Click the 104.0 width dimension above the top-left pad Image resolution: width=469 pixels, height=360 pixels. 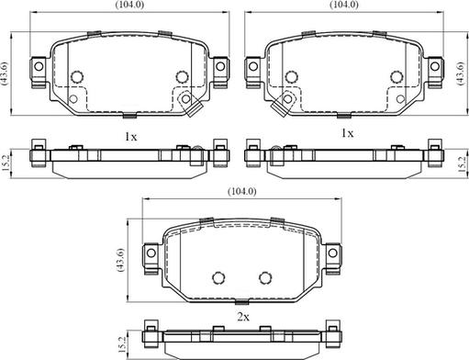tap(129, 5)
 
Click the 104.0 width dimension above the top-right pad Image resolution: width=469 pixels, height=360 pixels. tap(344, 5)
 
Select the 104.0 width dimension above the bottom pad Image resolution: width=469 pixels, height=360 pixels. tap(242, 191)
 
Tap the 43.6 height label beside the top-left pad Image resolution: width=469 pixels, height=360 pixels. tap(6, 73)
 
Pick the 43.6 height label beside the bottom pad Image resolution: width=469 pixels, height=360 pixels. tap(120, 260)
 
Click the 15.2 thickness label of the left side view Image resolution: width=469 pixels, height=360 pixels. tap(6, 163)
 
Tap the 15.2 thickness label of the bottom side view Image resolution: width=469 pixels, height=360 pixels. tap(121, 344)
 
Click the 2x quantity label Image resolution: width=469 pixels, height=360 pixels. tap(243, 317)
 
